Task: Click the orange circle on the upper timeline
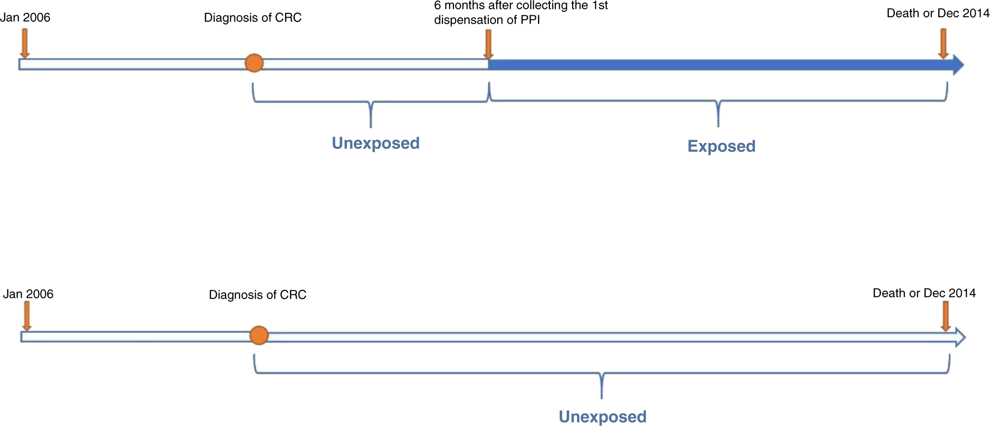click(x=254, y=63)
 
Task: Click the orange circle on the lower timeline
click(x=259, y=335)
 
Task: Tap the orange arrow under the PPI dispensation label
click(x=488, y=44)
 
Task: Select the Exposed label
click(x=721, y=146)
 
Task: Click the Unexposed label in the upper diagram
click(x=376, y=143)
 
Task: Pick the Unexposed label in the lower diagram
click(x=602, y=417)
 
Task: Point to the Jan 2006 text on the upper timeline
click(x=26, y=18)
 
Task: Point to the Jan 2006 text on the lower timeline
click(x=28, y=294)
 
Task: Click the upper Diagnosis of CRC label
click(x=253, y=18)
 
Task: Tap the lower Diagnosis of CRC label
click(x=258, y=295)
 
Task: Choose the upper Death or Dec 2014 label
click(x=938, y=14)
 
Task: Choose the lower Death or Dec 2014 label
click(x=924, y=293)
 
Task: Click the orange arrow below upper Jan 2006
click(x=25, y=43)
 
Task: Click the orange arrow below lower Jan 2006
click(x=27, y=316)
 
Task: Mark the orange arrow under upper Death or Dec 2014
click(x=943, y=43)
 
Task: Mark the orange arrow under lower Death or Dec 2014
click(x=945, y=316)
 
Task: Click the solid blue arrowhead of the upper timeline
click(x=957, y=65)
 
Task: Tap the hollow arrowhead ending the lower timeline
click(x=960, y=337)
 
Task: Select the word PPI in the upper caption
click(x=530, y=20)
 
